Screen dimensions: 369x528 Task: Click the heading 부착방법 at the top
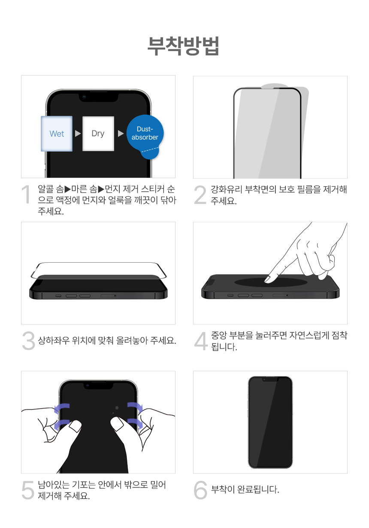[x=183, y=46]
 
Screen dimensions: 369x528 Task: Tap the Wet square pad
[x=57, y=134]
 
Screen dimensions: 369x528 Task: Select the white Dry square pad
[x=98, y=134]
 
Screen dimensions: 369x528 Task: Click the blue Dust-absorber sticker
[x=145, y=136]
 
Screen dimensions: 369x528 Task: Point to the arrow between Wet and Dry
[x=78, y=134]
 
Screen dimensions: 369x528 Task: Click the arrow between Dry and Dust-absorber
[x=121, y=134]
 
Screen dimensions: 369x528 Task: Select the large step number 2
[x=200, y=195]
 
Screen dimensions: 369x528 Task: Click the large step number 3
[x=28, y=340]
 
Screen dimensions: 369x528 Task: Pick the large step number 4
[x=201, y=341]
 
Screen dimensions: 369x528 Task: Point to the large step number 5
[x=28, y=490]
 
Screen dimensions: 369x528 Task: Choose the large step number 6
[x=200, y=490]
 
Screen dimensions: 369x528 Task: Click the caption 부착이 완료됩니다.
[x=245, y=489]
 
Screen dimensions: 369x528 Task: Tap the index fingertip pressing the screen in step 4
[x=268, y=279]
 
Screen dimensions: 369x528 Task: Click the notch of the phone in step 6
[x=270, y=379]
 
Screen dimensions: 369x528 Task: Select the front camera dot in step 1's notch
[x=84, y=97]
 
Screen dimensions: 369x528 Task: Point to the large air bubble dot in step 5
[x=117, y=408]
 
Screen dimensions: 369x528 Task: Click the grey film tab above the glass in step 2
[x=275, y=85]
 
